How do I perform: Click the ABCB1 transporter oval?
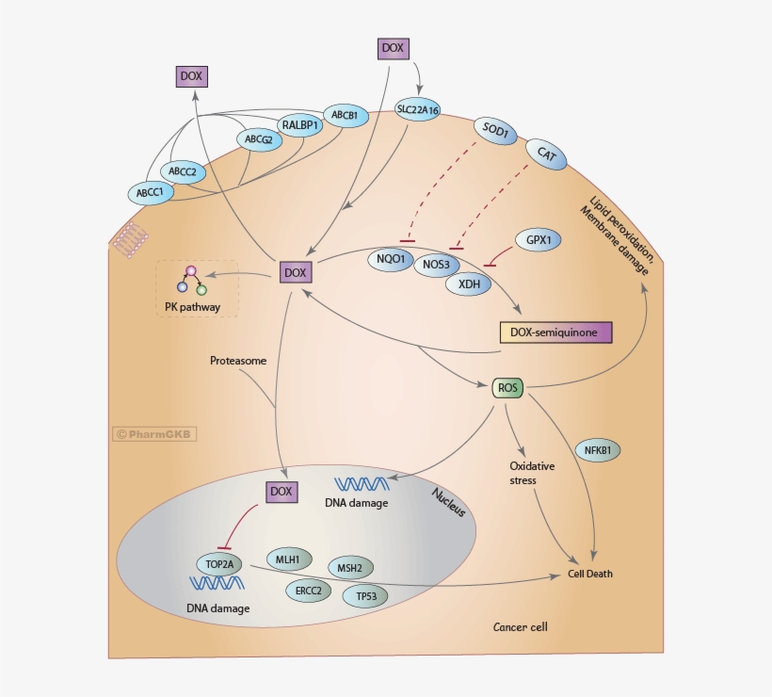coord(343,116)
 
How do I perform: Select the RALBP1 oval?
coord(301,123)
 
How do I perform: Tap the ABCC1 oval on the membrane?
coord(150,193)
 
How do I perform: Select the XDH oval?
coord(468,282)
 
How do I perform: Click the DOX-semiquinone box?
coord(555,332)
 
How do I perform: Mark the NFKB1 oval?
coord(597,450)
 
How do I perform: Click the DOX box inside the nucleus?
coord(281,492)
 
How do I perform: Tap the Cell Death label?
coord(595,574)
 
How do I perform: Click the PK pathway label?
coord(192,306)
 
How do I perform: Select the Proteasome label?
coord(237,361)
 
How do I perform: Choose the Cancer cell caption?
coord(520,626)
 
